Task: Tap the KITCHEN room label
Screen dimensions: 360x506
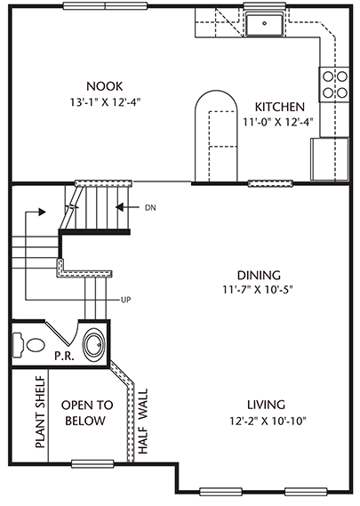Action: pyautogui.click(x=280, y=107)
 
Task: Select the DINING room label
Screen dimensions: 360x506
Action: pyautogui.click(x=259, y=275)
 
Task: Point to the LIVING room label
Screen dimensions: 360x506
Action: pyautogui.click(x=266, y=405)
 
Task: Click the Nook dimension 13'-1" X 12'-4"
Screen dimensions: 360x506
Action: pyautogui.click(x=106, y=102)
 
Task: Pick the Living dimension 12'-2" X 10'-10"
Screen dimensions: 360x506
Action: pyautogui.click(x=268, y=421)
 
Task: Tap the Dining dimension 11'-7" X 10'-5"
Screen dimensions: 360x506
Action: pyautogui.click(x=258, y=290)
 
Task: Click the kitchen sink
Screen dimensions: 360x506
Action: pyautogui.click(x=265, y=23)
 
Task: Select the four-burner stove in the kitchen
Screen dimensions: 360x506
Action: pyautogui.click(x=334, y=84)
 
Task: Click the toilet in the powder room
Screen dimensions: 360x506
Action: pyautogui.click(x=28, y=345)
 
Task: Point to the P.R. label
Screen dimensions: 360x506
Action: pyautogui.click(x=65, y=357)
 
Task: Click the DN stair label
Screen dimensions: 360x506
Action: pyautogui.click(x=150, y=208)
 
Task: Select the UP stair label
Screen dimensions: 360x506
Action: pyautogui.click(x=126, y=300)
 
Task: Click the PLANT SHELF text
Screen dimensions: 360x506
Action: pyautogui.click(x=40, y=412)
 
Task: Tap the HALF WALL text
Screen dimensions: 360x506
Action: pyautogui.click(x=142, y=422)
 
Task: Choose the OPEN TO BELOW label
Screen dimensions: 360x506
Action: pyautogui.click(x=87, y=413)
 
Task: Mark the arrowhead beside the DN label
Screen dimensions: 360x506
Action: pyautogui.click(x=119, y=207)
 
